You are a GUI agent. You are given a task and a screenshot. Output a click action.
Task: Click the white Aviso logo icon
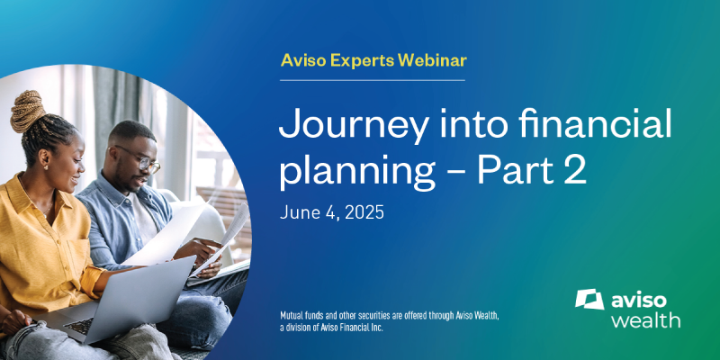tap(589, 300)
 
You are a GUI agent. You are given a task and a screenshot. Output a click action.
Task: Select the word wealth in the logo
tap(645, 319)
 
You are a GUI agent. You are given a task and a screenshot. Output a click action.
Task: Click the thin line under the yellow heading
tap(373, 80)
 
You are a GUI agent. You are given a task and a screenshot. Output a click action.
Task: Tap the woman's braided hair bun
tap(28, 110)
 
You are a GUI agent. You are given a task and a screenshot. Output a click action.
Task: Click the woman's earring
tap(46, 166)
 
